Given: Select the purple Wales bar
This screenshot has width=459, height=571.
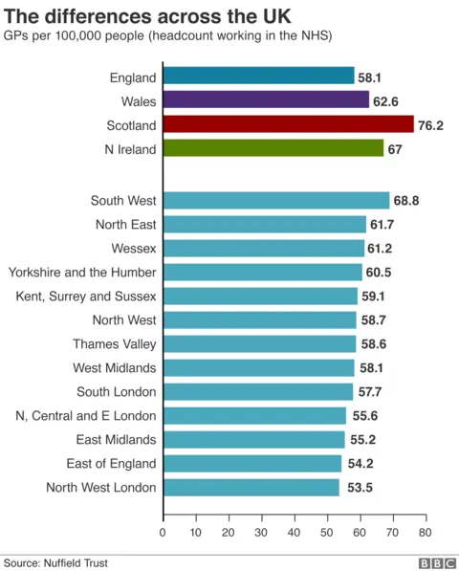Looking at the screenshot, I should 266,100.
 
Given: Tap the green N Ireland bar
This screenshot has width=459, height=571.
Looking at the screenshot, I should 273,148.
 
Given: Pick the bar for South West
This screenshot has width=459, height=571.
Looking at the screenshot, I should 275,201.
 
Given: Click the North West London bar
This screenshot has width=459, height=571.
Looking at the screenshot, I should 251,488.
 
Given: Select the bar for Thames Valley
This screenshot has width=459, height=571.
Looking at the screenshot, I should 259,344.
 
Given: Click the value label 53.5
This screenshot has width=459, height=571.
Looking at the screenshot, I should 357,488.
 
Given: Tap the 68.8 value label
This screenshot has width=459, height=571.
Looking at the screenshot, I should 407,201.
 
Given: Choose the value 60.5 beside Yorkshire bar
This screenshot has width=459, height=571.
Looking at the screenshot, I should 380,273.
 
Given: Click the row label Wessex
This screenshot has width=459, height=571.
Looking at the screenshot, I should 134,249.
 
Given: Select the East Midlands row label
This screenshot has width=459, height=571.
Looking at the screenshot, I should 117,440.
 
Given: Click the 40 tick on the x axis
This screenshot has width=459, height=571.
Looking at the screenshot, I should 294,532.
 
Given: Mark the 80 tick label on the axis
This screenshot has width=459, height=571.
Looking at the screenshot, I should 425,532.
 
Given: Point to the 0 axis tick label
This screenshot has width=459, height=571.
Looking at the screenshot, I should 163,532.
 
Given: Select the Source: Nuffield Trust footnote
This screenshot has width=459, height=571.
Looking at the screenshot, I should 55,563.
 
